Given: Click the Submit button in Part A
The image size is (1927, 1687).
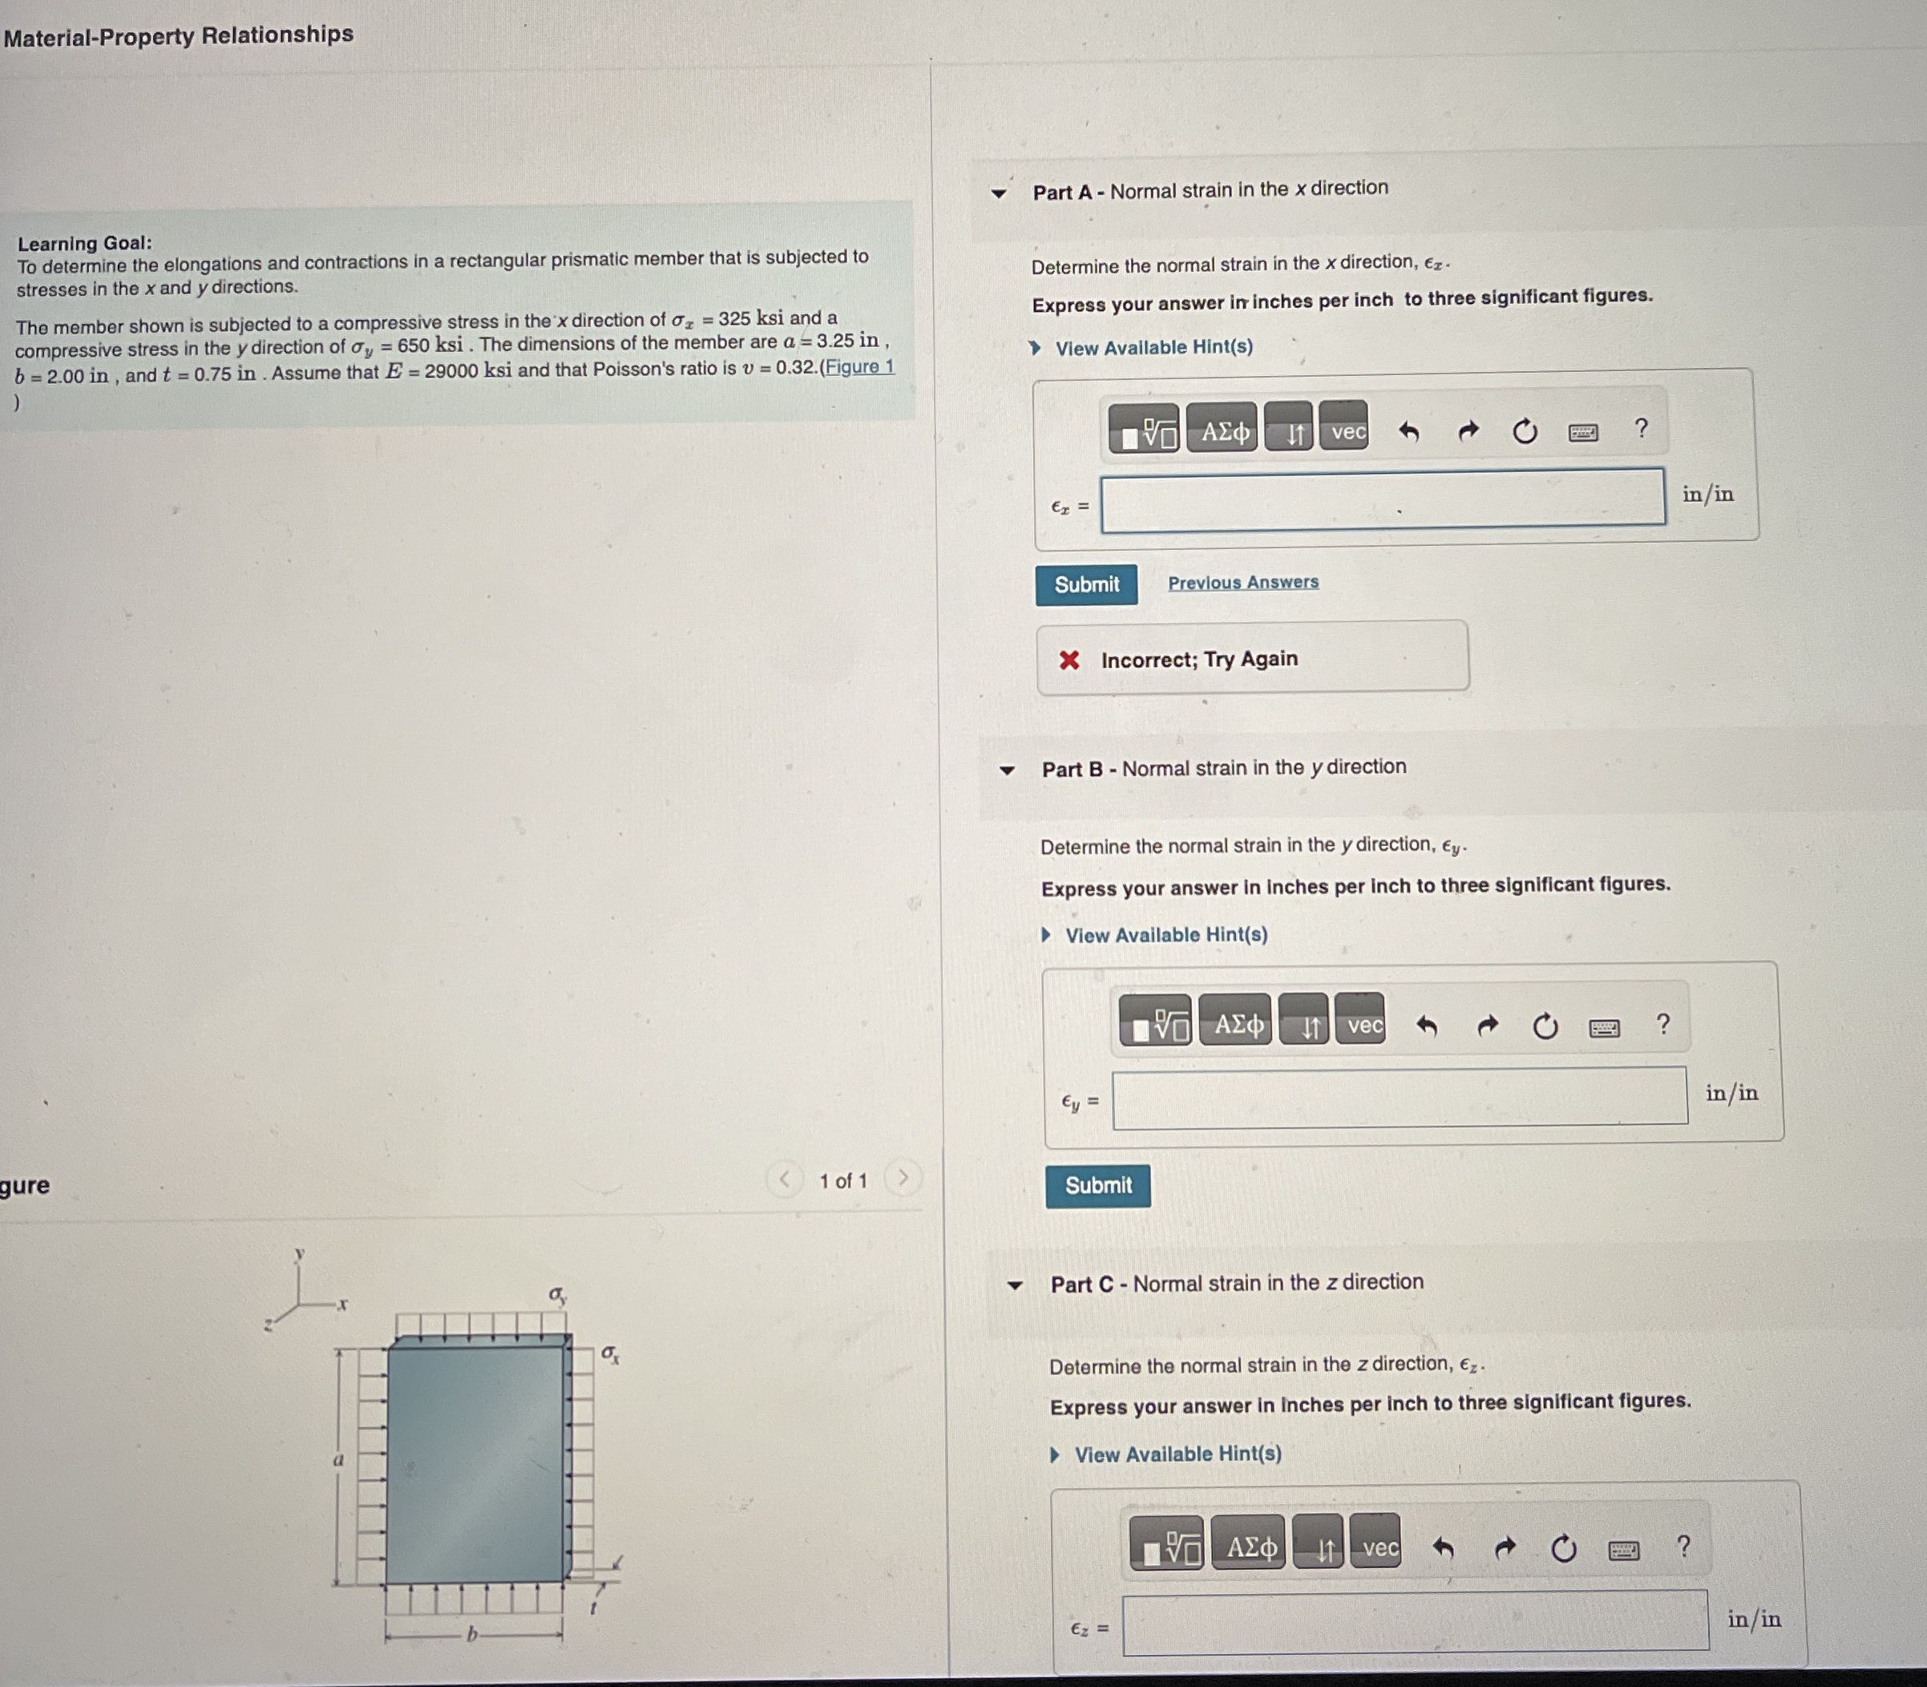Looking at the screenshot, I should point(1086,585).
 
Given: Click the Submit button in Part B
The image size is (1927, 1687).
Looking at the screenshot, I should point(1097,1185).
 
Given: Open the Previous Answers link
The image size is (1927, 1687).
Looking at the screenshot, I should point(1243,583).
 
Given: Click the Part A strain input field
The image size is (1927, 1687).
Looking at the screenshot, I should point(1381,500).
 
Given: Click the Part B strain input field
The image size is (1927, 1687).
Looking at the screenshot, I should point(1399,1096).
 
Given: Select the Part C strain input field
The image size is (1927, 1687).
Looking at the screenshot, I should point(1414,1621).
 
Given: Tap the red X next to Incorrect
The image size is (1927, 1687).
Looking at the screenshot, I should point(1069,660).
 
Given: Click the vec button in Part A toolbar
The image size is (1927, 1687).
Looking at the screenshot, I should point(1347,432).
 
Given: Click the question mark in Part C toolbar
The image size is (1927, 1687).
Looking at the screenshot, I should point(1683,1546).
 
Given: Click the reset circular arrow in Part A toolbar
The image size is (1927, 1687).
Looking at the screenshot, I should point(1525,432).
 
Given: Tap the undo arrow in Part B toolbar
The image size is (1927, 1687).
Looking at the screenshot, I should point(1427,1026).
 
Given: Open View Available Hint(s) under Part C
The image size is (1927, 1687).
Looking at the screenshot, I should point(1177,1454).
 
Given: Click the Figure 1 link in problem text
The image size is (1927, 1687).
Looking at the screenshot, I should point(859,367).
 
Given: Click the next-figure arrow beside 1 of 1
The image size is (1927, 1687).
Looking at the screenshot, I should point(903,1178).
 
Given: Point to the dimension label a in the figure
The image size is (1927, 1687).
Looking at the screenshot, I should point(339,1460).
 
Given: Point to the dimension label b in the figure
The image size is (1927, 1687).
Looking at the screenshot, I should point(473,1634).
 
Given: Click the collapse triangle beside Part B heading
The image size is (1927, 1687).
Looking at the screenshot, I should point(1007,770).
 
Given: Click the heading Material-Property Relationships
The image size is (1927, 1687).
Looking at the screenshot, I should point(179,36).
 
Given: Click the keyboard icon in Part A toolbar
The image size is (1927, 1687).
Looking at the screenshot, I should point(1582,433).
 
